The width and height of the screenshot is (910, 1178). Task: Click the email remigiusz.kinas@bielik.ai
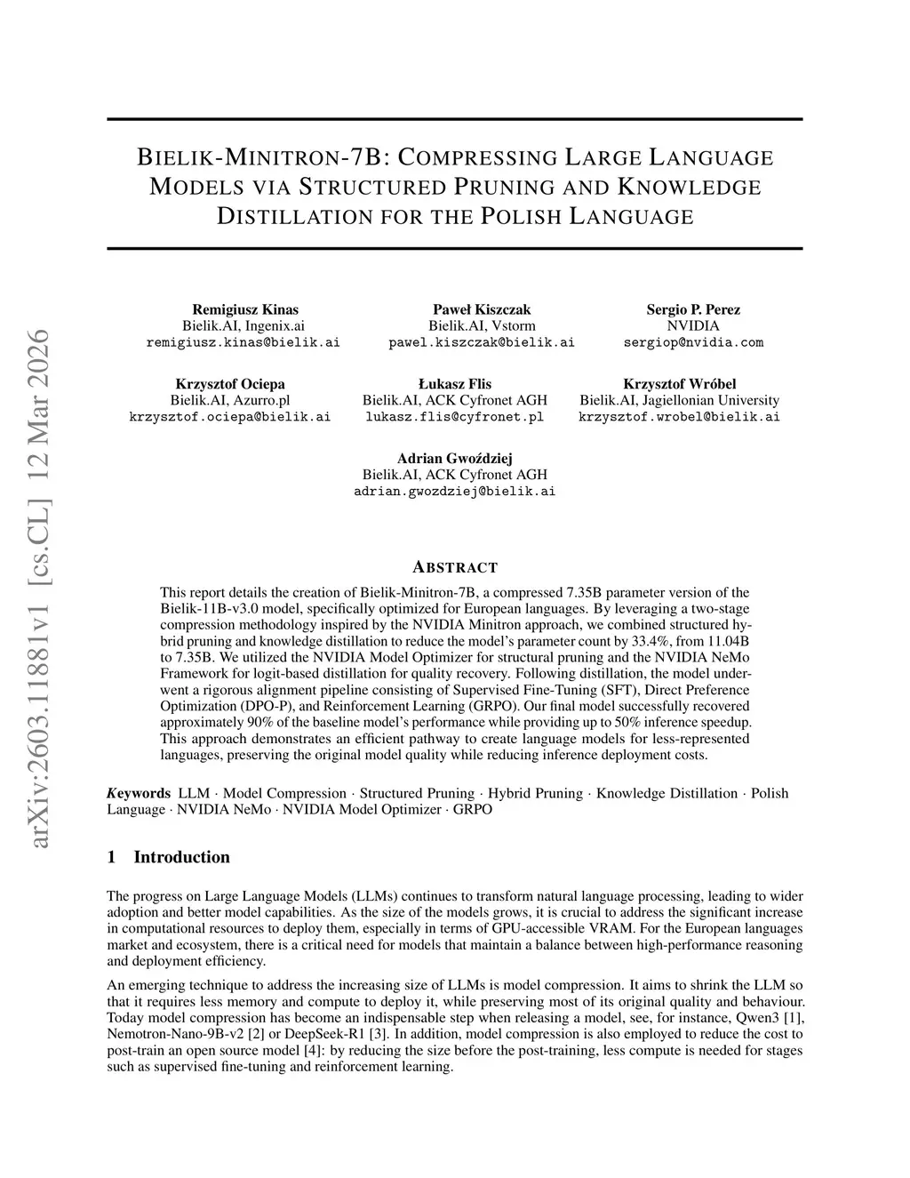coord(243,342)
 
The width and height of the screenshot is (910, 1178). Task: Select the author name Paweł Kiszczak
coord(482,309)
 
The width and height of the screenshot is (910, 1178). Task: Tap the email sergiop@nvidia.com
coord(693,342)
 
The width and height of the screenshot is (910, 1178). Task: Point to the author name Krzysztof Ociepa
coord(230,384)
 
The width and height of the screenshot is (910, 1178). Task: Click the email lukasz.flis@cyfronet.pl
coord(454,416)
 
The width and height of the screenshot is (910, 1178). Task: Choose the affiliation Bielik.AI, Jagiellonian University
coord(680,400)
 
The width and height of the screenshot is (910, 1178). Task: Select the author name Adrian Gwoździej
coord(455,459)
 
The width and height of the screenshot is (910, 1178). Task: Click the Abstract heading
coord(455,567)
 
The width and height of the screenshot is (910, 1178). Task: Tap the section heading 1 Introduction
coord(168,857)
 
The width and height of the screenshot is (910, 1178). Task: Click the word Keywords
coord(139,793)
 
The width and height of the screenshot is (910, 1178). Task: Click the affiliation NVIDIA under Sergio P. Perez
coord(693,326)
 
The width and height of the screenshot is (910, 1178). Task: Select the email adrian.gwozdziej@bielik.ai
coord(455,491)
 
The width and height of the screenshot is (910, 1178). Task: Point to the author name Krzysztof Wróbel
coord(680,384)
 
